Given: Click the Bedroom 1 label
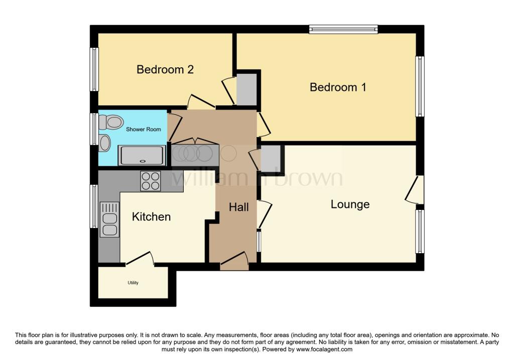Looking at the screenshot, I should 338,87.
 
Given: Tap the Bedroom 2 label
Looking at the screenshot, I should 165,69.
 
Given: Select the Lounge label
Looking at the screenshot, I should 350,204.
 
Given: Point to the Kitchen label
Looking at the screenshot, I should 151,216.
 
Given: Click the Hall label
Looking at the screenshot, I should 239,207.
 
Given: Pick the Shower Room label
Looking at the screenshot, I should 144,129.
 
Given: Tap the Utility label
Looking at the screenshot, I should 133,283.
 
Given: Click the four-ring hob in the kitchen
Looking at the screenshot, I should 151,181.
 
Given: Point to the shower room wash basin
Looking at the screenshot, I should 105,143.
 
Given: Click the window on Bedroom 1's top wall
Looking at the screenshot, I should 343,29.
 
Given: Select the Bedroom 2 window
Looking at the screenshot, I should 94,69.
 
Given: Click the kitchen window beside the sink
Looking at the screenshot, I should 94,206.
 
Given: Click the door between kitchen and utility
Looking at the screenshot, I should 139,259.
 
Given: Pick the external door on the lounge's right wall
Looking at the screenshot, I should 416,190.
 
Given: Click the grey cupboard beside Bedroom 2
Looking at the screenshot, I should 246,89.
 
